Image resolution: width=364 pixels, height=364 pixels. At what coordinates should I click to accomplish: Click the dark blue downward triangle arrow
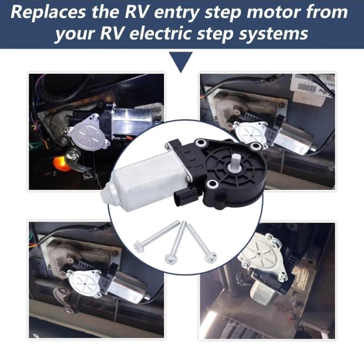tap(181, 61)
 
